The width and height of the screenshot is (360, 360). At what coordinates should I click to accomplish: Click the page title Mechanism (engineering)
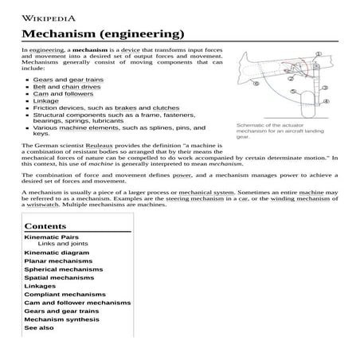click(103, 34)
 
